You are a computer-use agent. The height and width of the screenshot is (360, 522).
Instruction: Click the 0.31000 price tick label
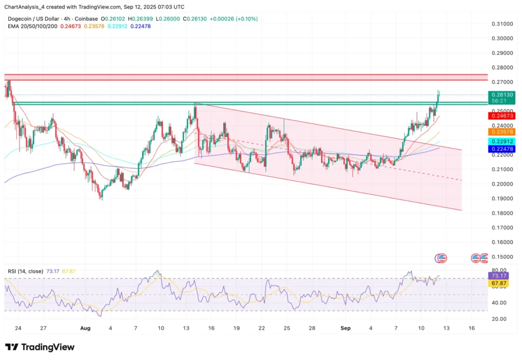coord(502,24)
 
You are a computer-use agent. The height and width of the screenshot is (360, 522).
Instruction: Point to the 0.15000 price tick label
coord(502,256)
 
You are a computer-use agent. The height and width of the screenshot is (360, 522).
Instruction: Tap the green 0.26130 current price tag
coord(502,94)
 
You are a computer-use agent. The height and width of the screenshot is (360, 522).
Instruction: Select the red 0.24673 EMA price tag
coord(502,116)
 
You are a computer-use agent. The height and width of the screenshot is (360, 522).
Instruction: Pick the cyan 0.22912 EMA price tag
coord(502,141)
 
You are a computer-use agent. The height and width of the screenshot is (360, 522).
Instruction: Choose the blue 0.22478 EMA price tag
coord(502,148)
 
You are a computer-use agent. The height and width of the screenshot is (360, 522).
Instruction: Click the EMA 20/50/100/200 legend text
coord(31,26)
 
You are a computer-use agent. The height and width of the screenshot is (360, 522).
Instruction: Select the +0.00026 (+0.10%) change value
coord(235,18)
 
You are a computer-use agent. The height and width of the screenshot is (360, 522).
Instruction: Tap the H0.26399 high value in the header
coord(143,18)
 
